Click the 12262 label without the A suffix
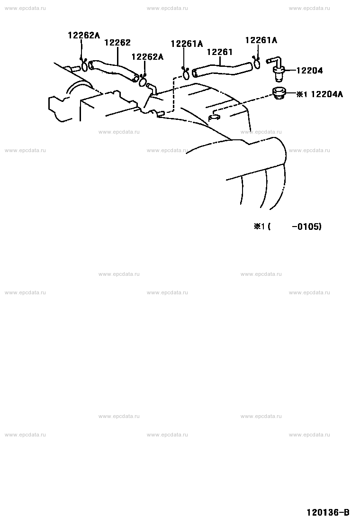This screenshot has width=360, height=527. [117, 42]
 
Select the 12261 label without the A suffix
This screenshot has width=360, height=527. [220, 52]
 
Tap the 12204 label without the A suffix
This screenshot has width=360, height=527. [310, 70]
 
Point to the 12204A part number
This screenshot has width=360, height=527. [327, 94]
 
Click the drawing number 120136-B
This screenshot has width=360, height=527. [328, 512]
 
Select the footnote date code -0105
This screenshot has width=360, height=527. [306, 227]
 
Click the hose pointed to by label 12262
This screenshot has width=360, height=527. [114, 70]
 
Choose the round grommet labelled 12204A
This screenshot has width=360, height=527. [279, 93]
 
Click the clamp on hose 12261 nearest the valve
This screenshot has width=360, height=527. [256, 63]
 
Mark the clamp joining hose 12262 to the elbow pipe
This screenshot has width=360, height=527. [143, 81]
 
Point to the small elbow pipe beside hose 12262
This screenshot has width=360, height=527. [151, 89]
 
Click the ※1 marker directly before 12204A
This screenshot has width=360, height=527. [302, 94]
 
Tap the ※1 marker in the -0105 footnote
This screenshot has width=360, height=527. [260, 227]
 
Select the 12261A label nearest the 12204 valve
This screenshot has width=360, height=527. [261, 40]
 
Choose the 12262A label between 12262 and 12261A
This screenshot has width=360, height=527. [147, 57]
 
